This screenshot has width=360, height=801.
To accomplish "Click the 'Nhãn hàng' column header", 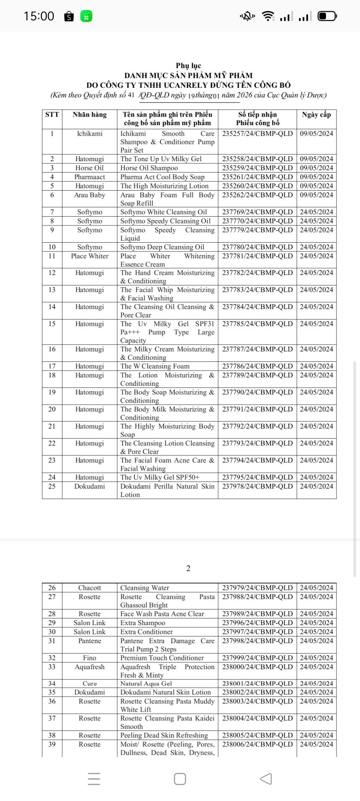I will click(89, 115).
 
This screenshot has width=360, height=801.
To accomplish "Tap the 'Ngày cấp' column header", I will click(316, 115).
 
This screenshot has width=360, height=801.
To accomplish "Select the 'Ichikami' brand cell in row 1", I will click(89, 133).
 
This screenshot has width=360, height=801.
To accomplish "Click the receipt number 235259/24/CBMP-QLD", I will click(257, 168).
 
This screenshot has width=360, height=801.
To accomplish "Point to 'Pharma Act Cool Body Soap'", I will click(162, 177).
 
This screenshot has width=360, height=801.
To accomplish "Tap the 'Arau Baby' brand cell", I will click(89, 195).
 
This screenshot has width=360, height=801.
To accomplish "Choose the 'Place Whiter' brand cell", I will click(89, 256).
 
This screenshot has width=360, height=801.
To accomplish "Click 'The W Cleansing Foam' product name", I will click(155, 366).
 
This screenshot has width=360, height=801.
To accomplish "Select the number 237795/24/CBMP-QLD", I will click(257, 477).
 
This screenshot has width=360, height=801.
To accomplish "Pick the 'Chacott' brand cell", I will click(89, 588).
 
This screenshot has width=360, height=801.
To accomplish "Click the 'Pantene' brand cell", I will click(89, 641).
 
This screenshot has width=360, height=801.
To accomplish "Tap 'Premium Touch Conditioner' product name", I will click(162, 658).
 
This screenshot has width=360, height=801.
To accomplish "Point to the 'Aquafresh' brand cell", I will click(89, 667).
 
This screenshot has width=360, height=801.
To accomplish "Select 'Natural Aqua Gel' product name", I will click(146, 683).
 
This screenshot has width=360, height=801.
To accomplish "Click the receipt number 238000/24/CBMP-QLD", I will click(257, 667).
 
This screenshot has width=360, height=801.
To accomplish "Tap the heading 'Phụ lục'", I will click(188, 65).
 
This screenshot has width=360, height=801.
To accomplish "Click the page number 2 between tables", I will click(188, 568).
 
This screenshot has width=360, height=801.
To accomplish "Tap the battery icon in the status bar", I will click(327, 16).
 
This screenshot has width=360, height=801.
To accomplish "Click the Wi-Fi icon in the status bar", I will click(268, 16).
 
